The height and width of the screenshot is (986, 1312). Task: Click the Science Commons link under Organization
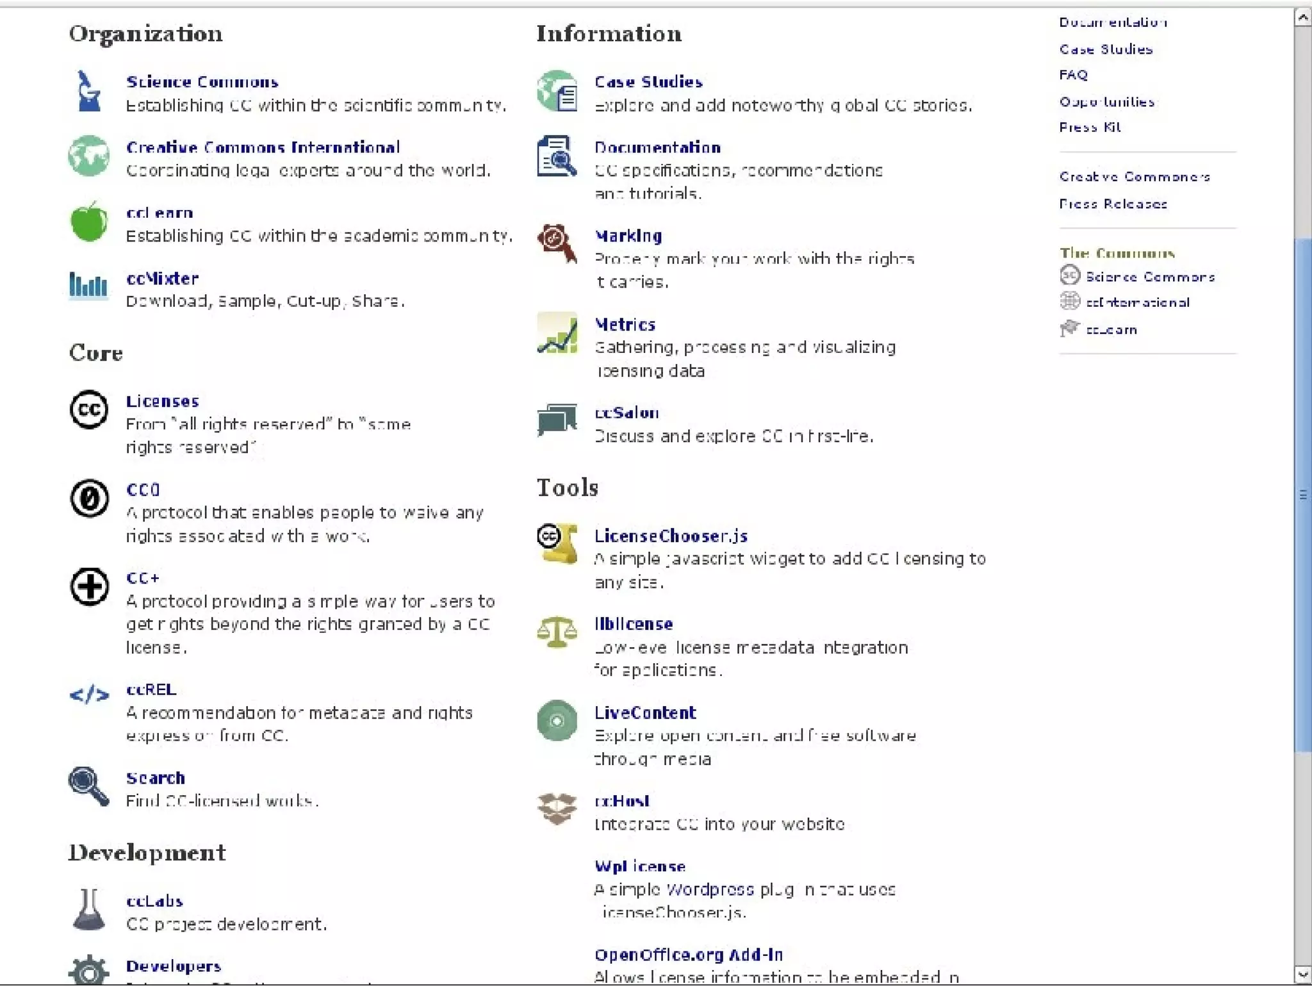coord(202,82)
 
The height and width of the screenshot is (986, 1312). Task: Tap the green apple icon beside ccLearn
coord(88,222)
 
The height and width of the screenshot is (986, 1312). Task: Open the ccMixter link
coord(162,279)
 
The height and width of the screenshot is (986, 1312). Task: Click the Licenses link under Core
coord(162,402)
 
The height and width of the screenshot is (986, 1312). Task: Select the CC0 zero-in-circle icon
coord(89,498)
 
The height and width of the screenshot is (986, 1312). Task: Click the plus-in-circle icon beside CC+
coord(89,586)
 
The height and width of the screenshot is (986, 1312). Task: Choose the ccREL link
coord(151,690)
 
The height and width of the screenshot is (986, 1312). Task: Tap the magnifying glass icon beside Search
coord(88,785)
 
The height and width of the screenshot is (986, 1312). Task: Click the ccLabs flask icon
coord(88,909)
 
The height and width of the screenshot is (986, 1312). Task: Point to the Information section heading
coord(609,34)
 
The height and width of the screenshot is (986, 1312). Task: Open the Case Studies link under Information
coord(648,82)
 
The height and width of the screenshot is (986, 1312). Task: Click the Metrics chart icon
coord(557,333)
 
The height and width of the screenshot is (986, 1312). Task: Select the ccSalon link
coord(627,413)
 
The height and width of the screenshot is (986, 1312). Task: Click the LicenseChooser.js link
coord(671,536)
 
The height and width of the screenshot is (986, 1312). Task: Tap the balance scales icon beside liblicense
coord(556,632)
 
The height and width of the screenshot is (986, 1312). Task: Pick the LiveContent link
coord(644,713)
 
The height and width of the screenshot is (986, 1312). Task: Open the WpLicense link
coord(639,867)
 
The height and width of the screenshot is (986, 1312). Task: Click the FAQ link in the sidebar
coord(1073,75)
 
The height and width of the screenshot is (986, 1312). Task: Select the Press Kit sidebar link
coord(1090,127)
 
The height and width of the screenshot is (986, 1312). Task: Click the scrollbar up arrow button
coord(1302,17)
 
